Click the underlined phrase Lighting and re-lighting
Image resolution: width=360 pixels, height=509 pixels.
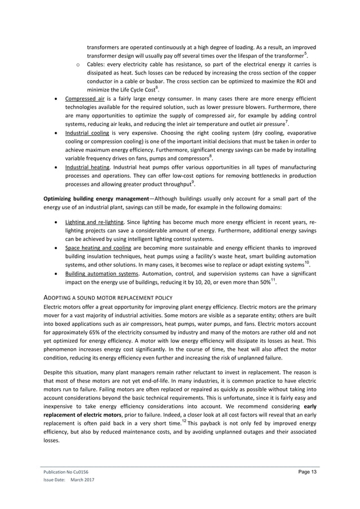coord(95,222)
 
